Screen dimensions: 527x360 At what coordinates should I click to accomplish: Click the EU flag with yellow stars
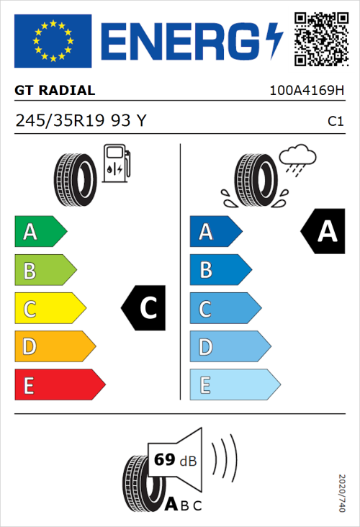click(53, 41)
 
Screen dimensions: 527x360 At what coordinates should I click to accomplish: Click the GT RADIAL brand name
click(55, 91)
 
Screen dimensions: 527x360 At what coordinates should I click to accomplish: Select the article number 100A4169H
click(306, 91)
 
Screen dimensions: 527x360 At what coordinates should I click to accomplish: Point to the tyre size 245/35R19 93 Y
click(81, 121)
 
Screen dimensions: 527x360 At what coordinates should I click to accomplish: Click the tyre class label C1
click(335, 122)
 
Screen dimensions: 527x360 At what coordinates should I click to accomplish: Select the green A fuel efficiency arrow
click(40, 232)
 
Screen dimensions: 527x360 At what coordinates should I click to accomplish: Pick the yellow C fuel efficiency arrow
click(49, 309)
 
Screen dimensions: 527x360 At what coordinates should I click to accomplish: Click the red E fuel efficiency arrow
click(59, 385)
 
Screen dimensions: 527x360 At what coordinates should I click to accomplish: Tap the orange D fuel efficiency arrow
click(54, 347)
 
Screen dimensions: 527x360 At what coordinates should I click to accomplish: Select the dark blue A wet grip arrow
click(215, 232)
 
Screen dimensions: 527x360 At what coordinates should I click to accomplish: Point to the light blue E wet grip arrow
click(234, 385)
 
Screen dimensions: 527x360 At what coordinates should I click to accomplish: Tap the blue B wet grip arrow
click(220, 270)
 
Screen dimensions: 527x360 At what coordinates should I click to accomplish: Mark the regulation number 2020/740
click(341, 492)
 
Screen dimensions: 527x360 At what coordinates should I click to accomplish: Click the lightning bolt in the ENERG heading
click(274, 41)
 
